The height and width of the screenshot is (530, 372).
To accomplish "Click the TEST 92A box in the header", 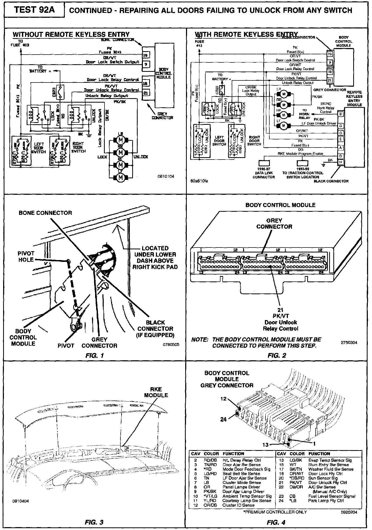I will (x=34, y=10).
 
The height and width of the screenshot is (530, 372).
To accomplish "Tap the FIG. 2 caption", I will (x=277, y=355).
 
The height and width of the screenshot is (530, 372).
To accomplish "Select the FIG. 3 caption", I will (x=94, y=522).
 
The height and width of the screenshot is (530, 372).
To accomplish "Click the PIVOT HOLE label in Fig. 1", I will (x=26, y=256).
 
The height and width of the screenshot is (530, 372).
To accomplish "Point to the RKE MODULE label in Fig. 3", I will (x=156, y=392).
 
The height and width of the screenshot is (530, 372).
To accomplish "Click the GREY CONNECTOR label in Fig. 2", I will (x=274, y=223).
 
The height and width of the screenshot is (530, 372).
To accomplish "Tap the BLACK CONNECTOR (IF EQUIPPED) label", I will (x=155, y=329).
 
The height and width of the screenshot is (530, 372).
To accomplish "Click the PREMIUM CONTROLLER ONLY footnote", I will (x=275, y=512).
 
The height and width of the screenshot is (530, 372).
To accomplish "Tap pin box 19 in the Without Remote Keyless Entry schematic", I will (x=146, y=55).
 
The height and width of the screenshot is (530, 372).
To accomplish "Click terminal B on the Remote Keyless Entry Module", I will (x=340, y=114).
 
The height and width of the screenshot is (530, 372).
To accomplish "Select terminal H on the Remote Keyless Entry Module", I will (x=340, y=162).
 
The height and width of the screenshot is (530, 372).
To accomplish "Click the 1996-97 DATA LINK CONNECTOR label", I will (x=264, y=173).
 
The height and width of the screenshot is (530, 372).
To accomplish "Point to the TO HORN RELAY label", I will (x=304, y=114).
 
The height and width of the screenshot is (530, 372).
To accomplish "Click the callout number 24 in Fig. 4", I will (x=223, y=419).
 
